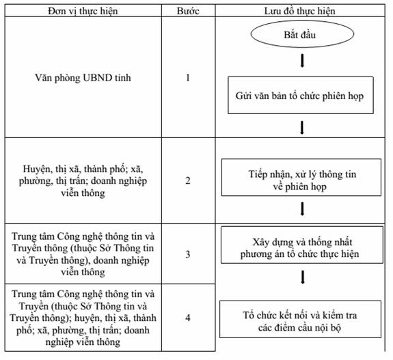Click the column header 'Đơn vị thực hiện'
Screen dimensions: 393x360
83,11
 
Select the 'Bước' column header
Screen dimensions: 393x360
188,11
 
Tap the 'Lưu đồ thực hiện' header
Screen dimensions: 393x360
300,11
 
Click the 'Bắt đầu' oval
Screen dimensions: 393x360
302,34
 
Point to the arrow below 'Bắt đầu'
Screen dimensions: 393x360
302,61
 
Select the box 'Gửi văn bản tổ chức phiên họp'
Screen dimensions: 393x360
301,95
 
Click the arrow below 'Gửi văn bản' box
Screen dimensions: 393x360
302,128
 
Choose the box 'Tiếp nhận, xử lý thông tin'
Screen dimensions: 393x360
301,178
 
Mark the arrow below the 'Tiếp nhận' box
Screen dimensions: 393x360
302,209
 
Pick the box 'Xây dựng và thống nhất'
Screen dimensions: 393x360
302,245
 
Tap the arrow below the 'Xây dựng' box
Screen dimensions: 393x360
303,277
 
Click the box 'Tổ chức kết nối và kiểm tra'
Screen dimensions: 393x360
300,319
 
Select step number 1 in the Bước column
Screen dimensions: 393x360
188,78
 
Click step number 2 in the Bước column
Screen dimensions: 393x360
188,180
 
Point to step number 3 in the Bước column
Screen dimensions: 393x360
188,254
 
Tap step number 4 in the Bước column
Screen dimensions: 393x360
188,318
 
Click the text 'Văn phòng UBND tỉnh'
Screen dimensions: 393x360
83,78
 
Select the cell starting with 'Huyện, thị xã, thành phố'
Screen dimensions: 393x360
83,181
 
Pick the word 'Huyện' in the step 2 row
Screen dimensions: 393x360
37,169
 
